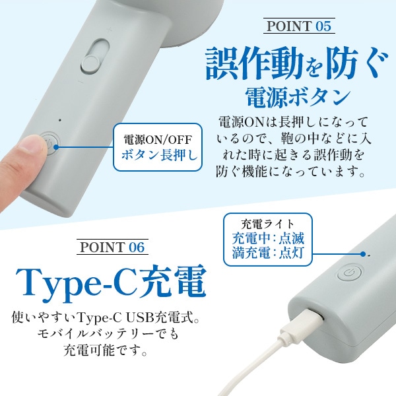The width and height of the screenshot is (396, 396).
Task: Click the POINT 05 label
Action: [298, 27]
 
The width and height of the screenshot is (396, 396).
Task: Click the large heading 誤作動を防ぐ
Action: [297, 65]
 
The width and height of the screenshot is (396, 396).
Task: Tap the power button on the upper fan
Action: [50, 142]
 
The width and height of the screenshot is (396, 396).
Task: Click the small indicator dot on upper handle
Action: [59, 119]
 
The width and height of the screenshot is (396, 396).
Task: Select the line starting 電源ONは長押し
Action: [291, 123]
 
